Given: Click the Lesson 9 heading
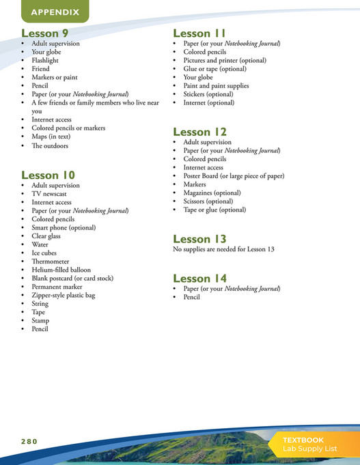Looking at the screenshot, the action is click(45, 33).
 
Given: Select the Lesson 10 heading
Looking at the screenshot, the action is click(48, 175).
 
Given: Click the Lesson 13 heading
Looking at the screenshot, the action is click(199, 239).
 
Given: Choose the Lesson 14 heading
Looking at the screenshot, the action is click(199, 279).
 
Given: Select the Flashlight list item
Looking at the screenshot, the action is click(45, 60).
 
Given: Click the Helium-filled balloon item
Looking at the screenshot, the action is click(61, 270).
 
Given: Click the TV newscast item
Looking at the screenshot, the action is click(49, 194).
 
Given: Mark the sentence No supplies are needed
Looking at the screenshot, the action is click(223, 249).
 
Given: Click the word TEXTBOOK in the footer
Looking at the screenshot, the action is click(304, 440).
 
